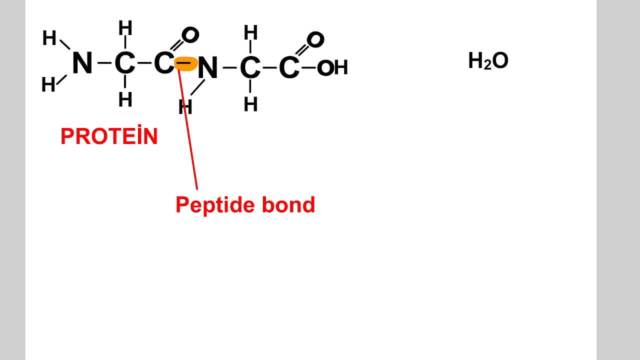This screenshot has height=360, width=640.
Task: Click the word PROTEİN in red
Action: (109, 137)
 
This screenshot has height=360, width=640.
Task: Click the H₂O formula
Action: (488, 61)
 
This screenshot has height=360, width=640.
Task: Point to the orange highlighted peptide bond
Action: (185, 63)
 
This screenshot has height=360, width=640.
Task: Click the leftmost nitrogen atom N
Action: (82, 63)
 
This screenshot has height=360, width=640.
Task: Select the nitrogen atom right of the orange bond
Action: (207, 68)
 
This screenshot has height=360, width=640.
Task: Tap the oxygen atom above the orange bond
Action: (190, 35)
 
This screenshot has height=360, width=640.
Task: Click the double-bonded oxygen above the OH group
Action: (315, 39)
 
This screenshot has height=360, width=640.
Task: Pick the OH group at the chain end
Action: (332, 68)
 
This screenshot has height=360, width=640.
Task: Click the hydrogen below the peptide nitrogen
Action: (185, 107)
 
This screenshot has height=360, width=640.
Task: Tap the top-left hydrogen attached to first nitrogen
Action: (49, 38)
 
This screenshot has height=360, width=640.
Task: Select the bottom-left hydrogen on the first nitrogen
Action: (48, 85)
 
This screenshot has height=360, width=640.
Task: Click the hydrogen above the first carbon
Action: (125, 28)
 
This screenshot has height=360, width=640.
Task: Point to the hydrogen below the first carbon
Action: (125, 100)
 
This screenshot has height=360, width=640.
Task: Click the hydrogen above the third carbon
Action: (250, 33)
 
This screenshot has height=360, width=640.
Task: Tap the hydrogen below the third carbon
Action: (250, 104)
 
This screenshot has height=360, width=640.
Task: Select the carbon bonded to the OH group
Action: (288, 68)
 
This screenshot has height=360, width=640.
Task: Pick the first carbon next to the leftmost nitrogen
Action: (124, 63)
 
